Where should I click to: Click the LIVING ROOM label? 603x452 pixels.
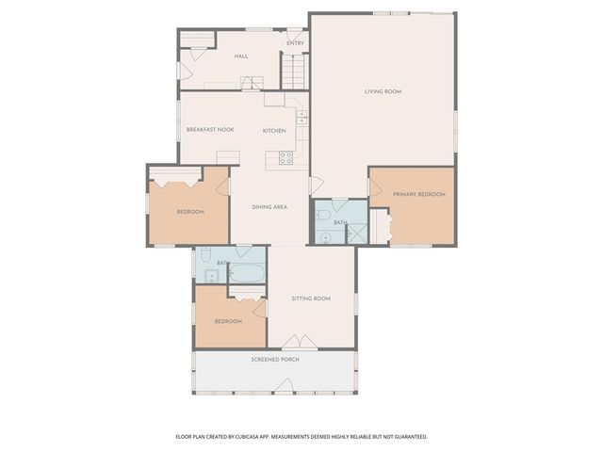pos(383,91)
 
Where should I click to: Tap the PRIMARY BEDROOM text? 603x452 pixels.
pos(418,194)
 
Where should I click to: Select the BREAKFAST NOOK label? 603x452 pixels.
pos(210,129)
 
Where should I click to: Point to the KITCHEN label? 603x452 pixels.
pos(274,130)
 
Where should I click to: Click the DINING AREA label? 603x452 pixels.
pos(269,206)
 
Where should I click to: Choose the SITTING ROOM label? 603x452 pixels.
pos(311,299)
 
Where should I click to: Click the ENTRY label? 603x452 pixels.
pos(295,42)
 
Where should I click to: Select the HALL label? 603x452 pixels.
pos(241,56)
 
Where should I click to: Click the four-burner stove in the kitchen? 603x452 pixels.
pos(285,157)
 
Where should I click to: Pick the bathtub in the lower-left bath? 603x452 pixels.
pos(248,273)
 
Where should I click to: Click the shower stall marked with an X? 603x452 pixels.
pos(357,234)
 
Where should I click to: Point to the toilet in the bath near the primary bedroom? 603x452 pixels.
pos(322,216)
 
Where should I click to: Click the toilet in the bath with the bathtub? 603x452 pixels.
pos(204,255)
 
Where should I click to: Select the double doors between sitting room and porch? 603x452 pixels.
pos(301,342)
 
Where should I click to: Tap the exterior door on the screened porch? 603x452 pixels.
pos(285,386)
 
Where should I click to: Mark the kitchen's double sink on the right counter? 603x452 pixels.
pos(301,118)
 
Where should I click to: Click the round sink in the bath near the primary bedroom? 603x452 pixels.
pos(325,237)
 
